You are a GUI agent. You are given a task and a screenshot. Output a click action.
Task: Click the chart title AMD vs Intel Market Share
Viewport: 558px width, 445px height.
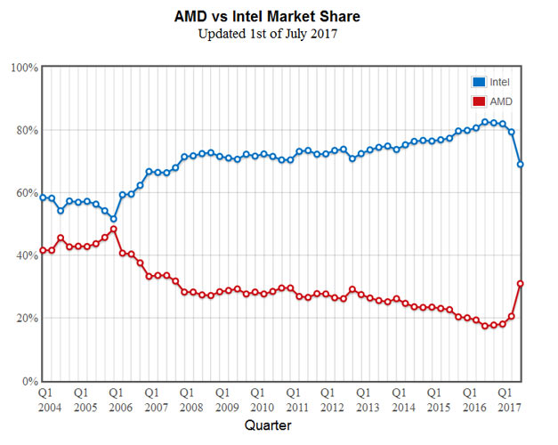[x=278, y=17]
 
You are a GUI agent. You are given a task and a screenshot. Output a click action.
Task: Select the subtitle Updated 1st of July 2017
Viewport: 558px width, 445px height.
[x=278, y=35]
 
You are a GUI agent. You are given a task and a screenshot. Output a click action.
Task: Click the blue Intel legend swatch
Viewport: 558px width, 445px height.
[x=478, y=82]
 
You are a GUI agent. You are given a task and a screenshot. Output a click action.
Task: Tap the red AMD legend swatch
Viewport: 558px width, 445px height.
[x=478, y=101]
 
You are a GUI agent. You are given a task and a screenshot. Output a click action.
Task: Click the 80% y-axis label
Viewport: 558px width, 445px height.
[x=24, y=130]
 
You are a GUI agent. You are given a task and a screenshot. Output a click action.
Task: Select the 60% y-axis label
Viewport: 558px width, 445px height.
[x=24, y=193]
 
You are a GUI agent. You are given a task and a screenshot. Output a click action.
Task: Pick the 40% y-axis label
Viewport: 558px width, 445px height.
[x=24, y=255]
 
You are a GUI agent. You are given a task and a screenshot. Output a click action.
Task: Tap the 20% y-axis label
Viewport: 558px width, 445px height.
[x=24, y=319]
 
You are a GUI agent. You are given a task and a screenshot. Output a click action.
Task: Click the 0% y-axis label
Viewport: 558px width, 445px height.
[x=28, y=381]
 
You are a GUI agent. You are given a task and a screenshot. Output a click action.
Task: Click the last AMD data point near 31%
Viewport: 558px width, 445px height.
[x=521, y=284]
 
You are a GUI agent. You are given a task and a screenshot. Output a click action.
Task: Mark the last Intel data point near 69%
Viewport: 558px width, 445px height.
[x=521, y=165]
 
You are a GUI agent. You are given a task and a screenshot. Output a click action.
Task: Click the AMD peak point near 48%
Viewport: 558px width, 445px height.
[x=114, y=229]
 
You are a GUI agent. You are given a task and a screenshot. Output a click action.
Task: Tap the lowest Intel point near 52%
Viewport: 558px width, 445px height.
[x=114, y=219]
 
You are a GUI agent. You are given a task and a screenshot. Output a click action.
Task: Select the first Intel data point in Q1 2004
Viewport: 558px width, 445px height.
[x=43, y=198]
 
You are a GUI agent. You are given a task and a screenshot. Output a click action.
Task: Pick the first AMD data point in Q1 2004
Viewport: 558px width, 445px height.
[x=43, y=250]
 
